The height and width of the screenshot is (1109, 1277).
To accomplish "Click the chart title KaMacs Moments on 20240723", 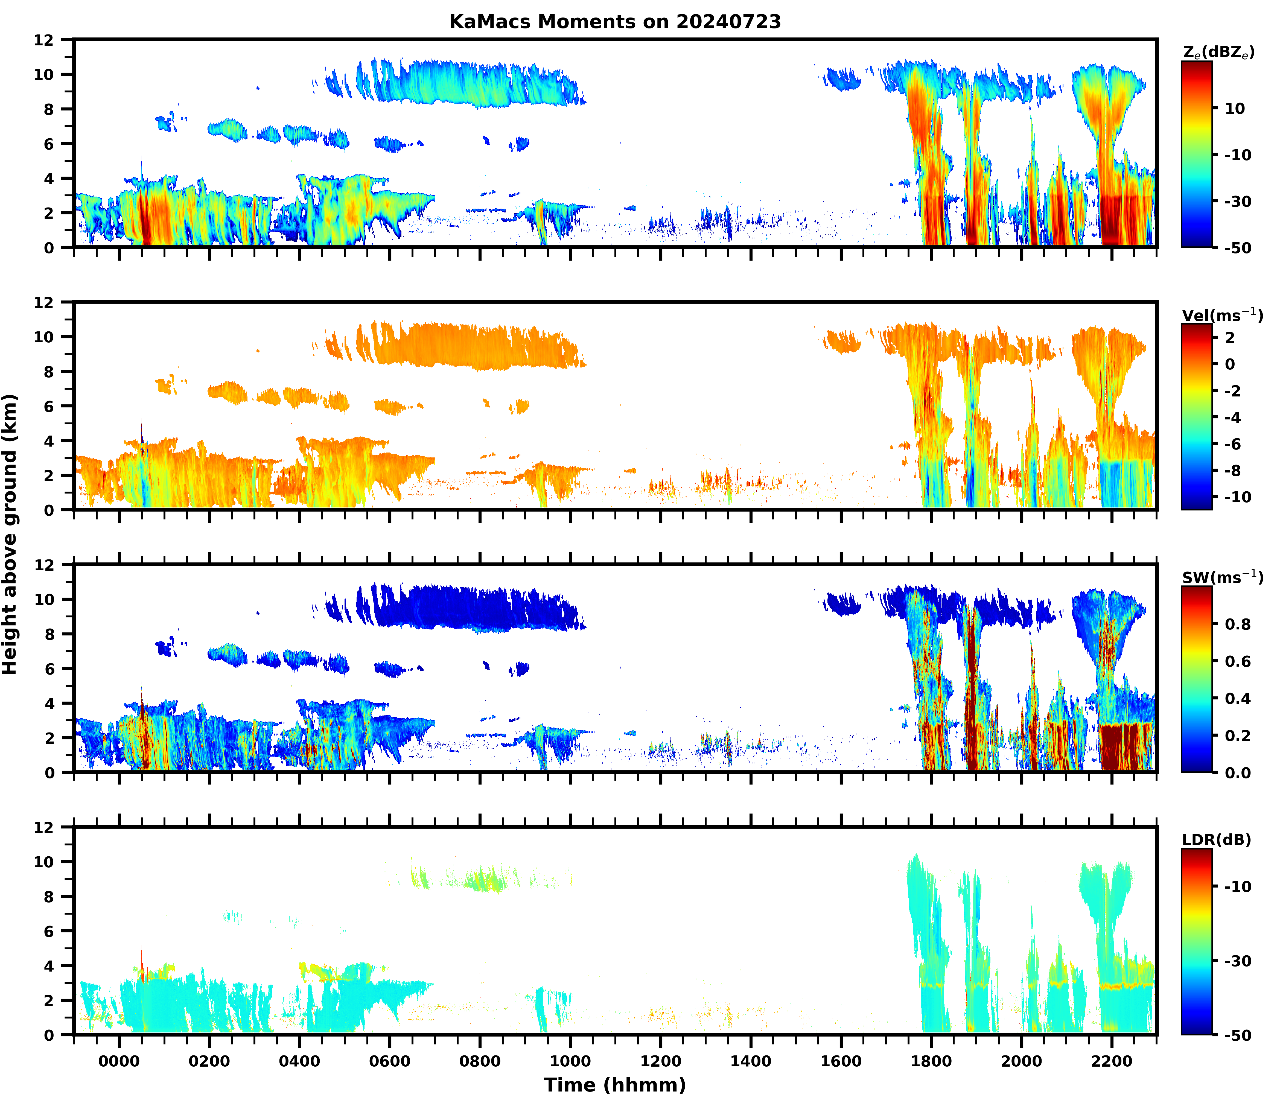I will click(615, 22).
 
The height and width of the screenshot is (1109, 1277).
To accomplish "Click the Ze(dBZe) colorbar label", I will click(1218, 52).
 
